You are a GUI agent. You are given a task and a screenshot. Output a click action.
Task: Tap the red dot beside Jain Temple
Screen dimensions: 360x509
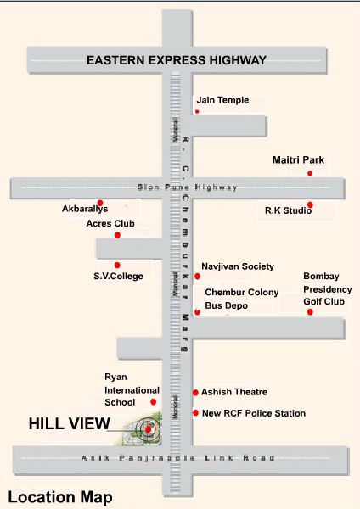[197, 111]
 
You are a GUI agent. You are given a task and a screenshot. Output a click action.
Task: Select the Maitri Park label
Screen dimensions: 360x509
[298, 159]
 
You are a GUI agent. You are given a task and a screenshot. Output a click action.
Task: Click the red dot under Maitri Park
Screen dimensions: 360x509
[310, 173]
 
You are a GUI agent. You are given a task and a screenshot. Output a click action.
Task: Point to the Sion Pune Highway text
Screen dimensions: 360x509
[188, 187]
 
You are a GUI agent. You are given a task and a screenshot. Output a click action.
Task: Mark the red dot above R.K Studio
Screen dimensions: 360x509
[310, 204]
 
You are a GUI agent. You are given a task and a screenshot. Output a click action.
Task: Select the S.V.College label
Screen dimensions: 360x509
[118, 276]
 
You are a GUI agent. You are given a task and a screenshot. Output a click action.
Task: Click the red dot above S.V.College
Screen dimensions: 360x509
[118, 265]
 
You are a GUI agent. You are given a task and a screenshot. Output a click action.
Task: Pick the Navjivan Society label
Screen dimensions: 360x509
[238, 266]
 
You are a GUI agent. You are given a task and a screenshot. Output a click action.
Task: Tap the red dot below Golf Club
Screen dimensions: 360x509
[310, 312]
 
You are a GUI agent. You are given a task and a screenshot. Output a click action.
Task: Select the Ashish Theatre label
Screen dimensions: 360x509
[234, 392]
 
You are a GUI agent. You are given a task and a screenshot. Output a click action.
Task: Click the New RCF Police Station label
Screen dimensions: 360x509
[253, 413]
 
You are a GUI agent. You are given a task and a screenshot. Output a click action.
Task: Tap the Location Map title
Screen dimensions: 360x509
[59, 496]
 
